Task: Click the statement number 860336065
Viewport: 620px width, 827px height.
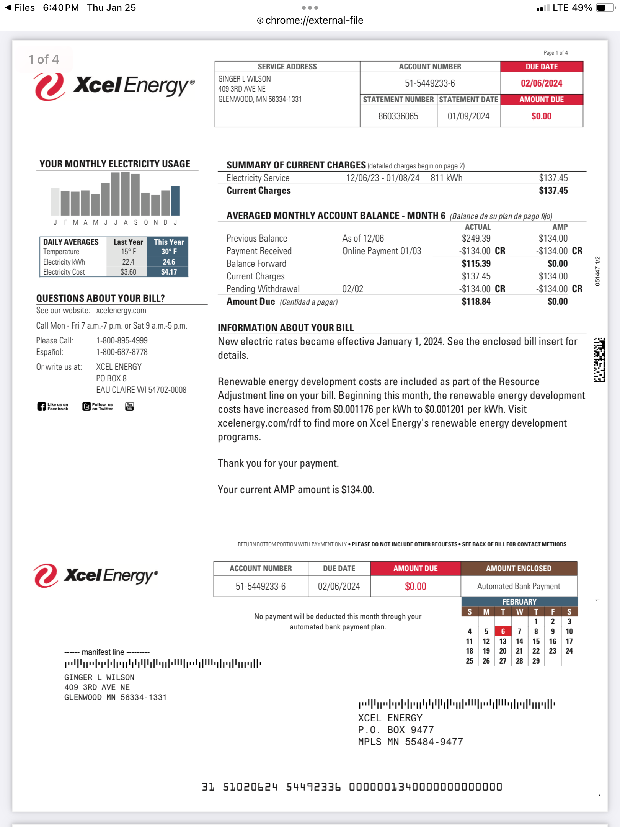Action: pos(398,116)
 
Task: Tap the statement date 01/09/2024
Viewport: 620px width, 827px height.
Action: pos(468,116)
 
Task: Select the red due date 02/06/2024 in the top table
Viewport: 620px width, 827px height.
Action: pos(541,83)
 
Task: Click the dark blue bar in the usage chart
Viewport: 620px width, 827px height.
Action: pos(176,200)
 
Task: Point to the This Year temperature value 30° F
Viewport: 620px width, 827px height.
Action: pos(169,252)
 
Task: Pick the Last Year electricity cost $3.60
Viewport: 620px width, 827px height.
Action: pos(128,272)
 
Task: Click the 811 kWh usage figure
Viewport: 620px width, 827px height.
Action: pos(446,178)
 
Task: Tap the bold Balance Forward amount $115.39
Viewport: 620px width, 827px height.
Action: pos(476,263)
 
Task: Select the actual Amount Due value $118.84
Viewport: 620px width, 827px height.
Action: pos(476,301)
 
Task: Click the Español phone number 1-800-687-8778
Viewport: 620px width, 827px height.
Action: pos(122,352)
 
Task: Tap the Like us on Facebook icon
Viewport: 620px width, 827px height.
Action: pos(53,407)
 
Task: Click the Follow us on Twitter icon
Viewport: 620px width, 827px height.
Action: pos(98,407)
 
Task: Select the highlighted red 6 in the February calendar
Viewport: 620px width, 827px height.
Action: pos(503,631)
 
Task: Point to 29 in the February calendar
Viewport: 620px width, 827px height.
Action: pos(536,661)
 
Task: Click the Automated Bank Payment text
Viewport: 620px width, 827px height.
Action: pos(518,586)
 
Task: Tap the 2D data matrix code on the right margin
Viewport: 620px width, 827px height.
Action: pos(599,360)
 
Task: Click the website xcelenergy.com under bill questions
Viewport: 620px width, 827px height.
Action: pos(121,310)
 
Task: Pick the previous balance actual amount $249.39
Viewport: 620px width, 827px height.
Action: pos(476,238)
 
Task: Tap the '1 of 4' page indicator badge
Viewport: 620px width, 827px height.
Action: pos(44,59)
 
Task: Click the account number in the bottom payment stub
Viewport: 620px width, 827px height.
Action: pos(260,586)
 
